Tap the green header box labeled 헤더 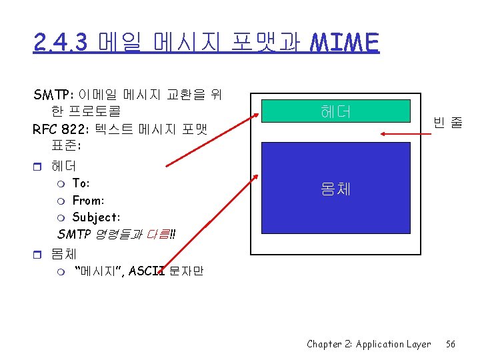coord(335,111)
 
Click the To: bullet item coord(81,183)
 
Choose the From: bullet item coord(88,200)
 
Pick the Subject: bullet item coord(96,217)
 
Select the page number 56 coord(451,344)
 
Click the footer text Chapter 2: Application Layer coord(369,344)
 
